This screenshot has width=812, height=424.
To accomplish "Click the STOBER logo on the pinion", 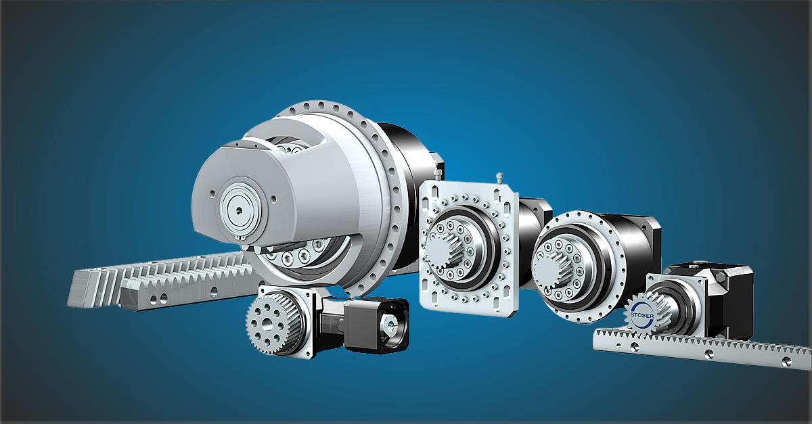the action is [x=642, y=315].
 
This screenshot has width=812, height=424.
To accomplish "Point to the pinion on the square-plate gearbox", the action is [x=444, y=250].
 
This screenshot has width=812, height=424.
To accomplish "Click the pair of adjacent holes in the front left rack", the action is [x=159, y=299].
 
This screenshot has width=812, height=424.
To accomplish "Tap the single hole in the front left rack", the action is [x=215, y=291].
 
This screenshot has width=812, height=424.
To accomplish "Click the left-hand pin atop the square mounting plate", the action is [x=438, y=174].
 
